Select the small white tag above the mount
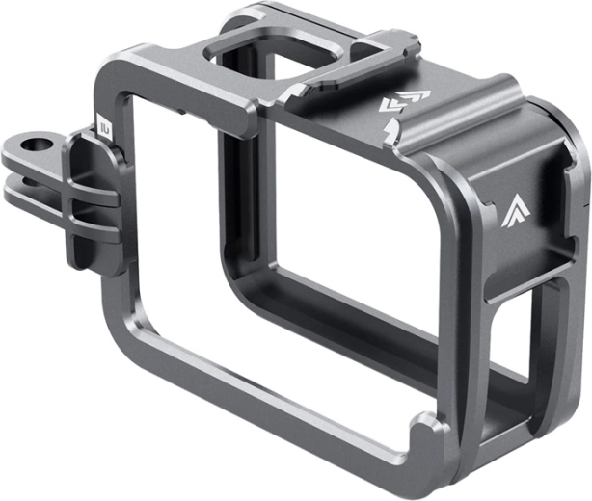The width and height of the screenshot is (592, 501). [101, 124]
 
